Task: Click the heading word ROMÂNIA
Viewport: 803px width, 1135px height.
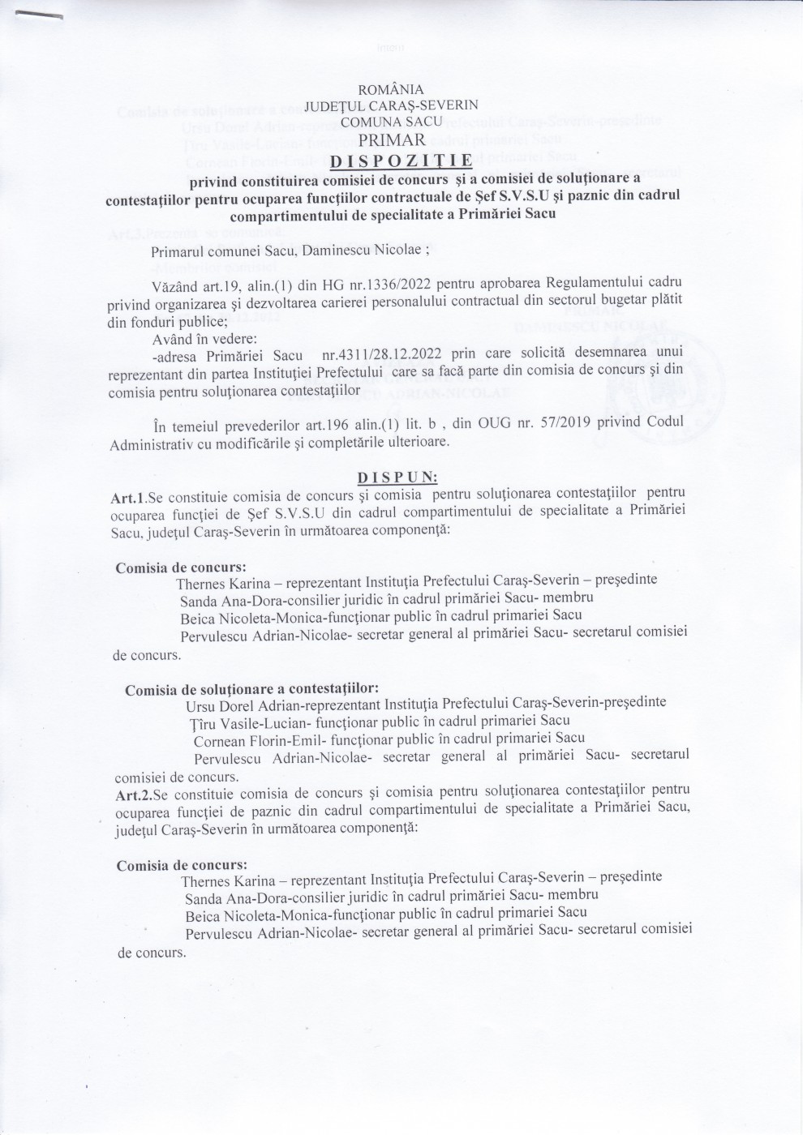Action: tap(390, 89)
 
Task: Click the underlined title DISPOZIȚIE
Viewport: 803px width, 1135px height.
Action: tap(401, 157)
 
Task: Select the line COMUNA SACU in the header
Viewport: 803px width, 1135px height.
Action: tap(391, 122)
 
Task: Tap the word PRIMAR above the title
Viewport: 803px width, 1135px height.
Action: tap(392, 139)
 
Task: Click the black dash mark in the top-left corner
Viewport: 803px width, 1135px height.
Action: tap(41, 14)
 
